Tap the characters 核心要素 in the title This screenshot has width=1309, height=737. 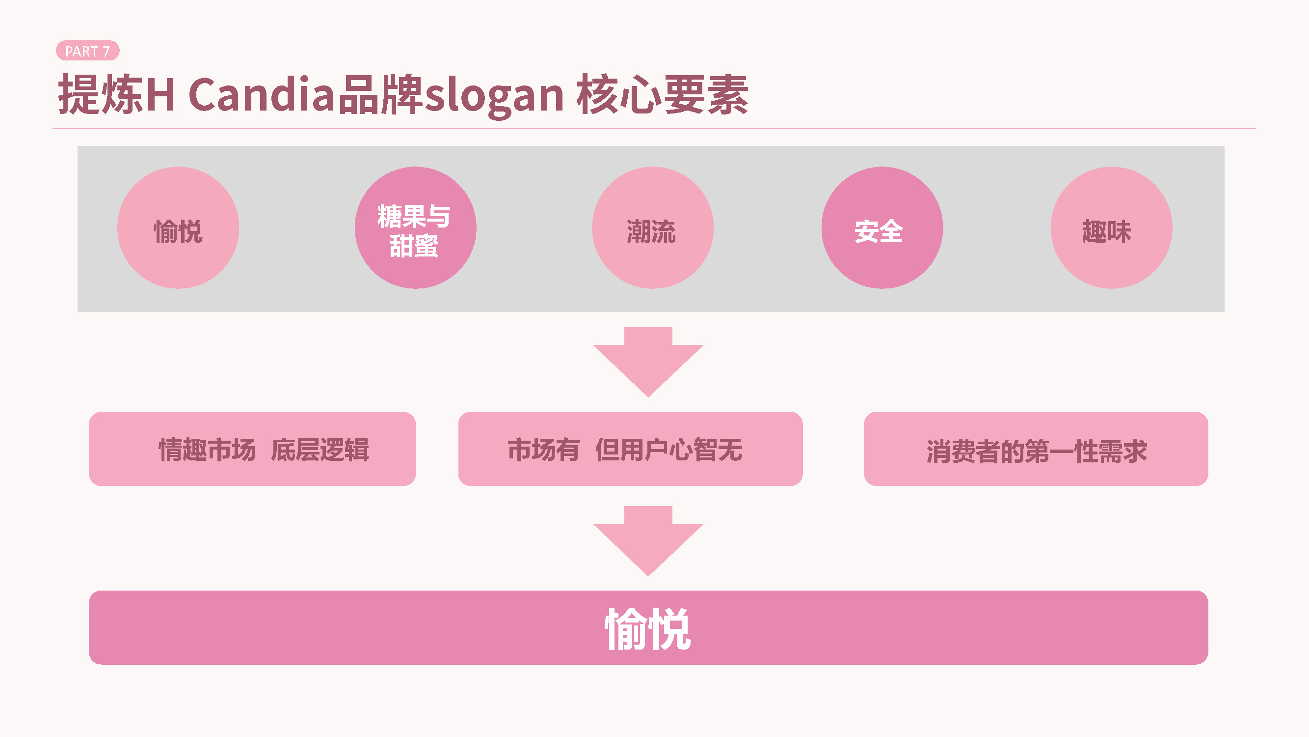(662, 95)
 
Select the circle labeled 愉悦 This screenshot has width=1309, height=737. (178, 227)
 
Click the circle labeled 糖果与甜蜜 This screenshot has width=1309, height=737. (415, 227)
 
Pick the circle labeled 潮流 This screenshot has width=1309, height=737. (652, 227)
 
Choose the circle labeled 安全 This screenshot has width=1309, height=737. (882, 227)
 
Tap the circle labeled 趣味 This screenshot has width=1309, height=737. (1111, 227)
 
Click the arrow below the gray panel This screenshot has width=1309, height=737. (648, 361)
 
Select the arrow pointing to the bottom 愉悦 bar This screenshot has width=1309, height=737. (648, 540)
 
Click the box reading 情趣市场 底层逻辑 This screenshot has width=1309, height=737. (252, 449)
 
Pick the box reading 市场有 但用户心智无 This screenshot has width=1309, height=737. (630, 449)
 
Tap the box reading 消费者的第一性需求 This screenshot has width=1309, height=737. (1036, 449)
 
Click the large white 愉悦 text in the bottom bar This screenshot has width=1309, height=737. (648, 629)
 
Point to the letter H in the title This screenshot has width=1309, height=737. (160, 95)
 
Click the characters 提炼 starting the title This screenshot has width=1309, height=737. (101, 95)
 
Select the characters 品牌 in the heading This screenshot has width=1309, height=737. (380, 95)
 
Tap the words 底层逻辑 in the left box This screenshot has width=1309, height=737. (320, 450)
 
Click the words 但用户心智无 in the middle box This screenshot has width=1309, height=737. (668, 450)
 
